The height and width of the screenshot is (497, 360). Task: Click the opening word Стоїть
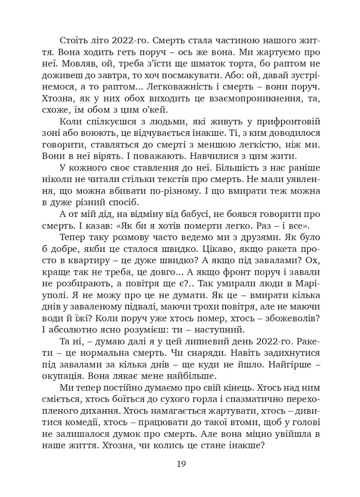point(72,40)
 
